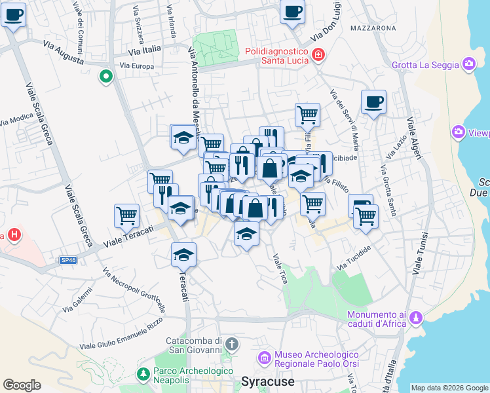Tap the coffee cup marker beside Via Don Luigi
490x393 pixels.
292,11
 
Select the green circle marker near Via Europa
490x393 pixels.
105,77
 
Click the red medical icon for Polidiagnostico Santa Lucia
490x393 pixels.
318,55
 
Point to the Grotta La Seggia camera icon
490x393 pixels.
468,64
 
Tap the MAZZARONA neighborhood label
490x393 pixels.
373,28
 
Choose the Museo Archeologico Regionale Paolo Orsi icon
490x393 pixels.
265,358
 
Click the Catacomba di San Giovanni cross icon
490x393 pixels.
231,343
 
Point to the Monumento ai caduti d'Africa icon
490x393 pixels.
415,318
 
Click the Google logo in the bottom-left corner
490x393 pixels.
22,384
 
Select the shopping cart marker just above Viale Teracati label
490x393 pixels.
126,215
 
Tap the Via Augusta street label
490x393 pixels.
64,53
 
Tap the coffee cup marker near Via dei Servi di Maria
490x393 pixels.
373,102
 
